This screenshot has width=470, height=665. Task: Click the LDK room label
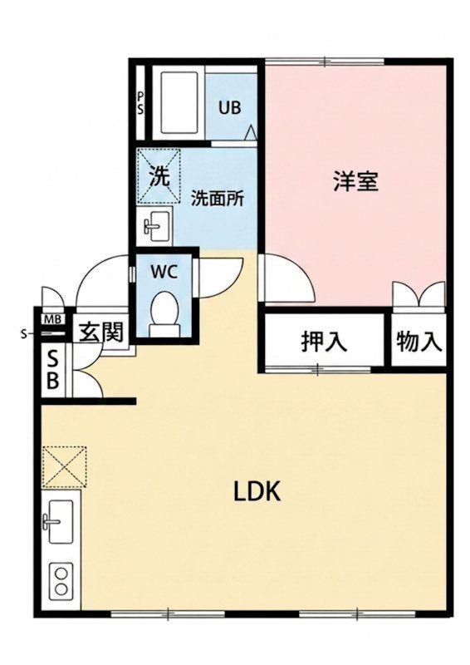(257, 492)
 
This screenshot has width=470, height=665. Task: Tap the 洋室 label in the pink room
(355, 181)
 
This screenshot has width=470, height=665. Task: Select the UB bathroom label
(230, 108)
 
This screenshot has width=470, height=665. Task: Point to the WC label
(164, 273)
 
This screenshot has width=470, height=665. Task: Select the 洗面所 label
(217, 199)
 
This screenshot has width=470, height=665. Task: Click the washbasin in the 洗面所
(155, 225)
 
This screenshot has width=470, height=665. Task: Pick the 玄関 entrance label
(101, 332)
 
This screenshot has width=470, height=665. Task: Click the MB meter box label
(53, 319)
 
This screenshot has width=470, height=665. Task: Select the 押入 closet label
(324, 342)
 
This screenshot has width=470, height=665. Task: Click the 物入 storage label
(419, 342)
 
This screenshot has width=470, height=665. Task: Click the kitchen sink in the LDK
(59, 521)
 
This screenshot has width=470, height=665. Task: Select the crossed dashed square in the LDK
(65, 466)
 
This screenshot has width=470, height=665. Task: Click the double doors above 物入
(419, 294)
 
